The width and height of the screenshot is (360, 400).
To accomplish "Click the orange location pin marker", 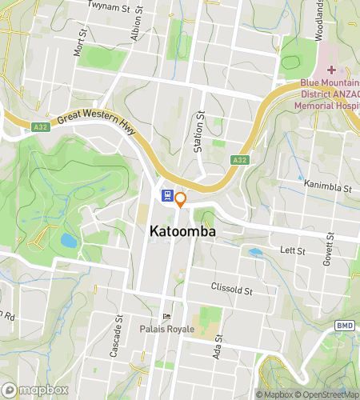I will coord(181,199).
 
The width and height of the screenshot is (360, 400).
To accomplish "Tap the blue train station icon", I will coord(166,194).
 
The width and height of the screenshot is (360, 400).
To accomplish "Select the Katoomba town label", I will coord(182,230).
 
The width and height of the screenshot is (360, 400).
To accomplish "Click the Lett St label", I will coord(295,250).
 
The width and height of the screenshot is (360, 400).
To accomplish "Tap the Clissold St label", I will coord(231,287).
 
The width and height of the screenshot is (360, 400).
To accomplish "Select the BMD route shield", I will coord(344,326).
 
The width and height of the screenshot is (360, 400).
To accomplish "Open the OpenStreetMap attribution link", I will coord(326,394).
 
